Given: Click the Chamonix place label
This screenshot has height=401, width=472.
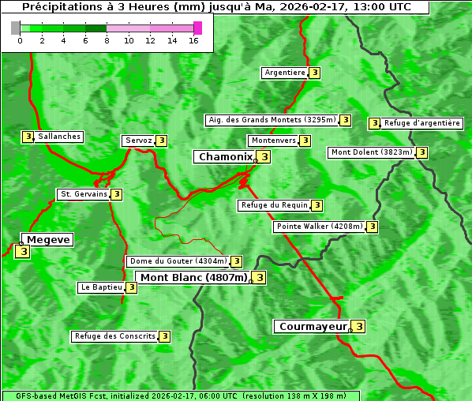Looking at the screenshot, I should [x=225, y=157].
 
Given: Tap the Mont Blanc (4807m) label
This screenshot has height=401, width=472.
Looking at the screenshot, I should [x=193, y=277].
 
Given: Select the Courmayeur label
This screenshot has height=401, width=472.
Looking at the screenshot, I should [x=313, y=326].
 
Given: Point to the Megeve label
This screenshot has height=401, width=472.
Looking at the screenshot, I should [x=48, y=239].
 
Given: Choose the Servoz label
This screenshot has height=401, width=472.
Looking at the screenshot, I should [x=138, y=141].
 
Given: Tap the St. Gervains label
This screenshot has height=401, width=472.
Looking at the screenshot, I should [x=84, y=194].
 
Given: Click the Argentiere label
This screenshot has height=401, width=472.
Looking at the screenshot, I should [x=285, y=73].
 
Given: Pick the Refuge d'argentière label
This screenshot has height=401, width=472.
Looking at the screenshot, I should [x=422, y=123].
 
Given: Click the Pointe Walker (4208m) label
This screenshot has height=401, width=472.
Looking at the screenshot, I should [x=320, y=227].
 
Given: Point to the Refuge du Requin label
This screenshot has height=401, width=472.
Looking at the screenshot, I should [x=274, y=205].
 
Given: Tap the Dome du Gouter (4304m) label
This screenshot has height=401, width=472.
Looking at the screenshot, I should [x=178, y=261].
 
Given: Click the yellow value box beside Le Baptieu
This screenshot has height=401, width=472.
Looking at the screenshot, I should [x=131, y=287].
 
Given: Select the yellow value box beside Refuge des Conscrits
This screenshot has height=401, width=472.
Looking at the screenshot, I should [x=164, y=336].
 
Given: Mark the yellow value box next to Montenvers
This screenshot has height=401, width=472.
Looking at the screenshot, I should [x=305, y=141].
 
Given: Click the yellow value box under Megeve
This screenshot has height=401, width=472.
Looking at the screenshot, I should [x=22, y=252].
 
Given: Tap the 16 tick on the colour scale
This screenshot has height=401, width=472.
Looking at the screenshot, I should [x=194, y=40].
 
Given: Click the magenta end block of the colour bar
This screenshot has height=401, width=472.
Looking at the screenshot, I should [x=197, y=28].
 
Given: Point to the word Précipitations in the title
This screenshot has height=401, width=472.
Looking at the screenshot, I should [x=59, y=7].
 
